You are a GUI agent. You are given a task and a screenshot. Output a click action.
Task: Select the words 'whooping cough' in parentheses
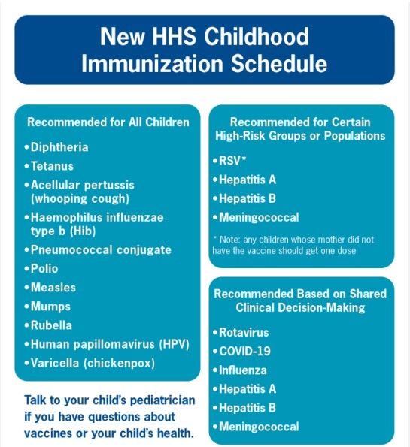tap(80, 198)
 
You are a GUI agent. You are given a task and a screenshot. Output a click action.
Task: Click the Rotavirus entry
tap(245, 332)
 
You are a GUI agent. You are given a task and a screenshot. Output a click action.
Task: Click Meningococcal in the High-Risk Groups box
tap(260, 217)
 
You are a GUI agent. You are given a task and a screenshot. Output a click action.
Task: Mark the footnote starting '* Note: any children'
tap(293, 245)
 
